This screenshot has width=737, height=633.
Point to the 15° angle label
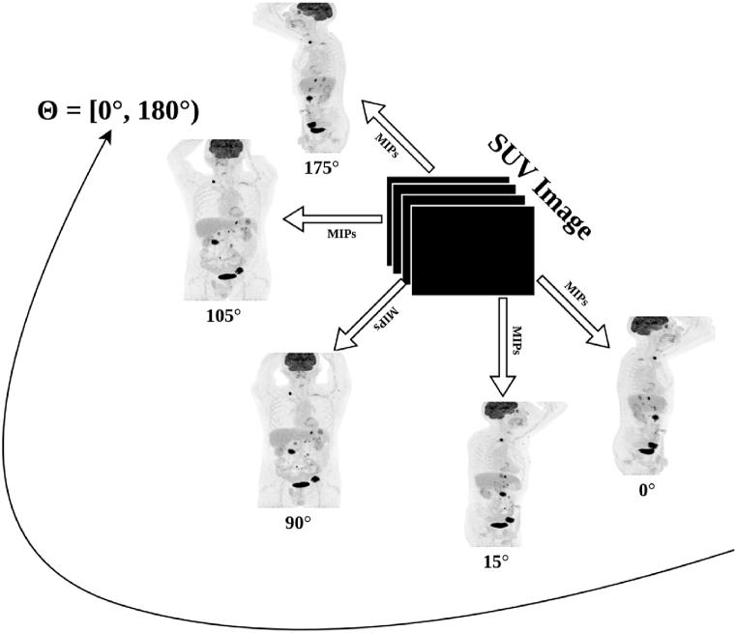(x=494, y=560)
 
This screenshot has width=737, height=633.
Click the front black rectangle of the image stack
(x=473, y=251)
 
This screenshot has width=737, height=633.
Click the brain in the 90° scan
(x=297, y=363)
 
